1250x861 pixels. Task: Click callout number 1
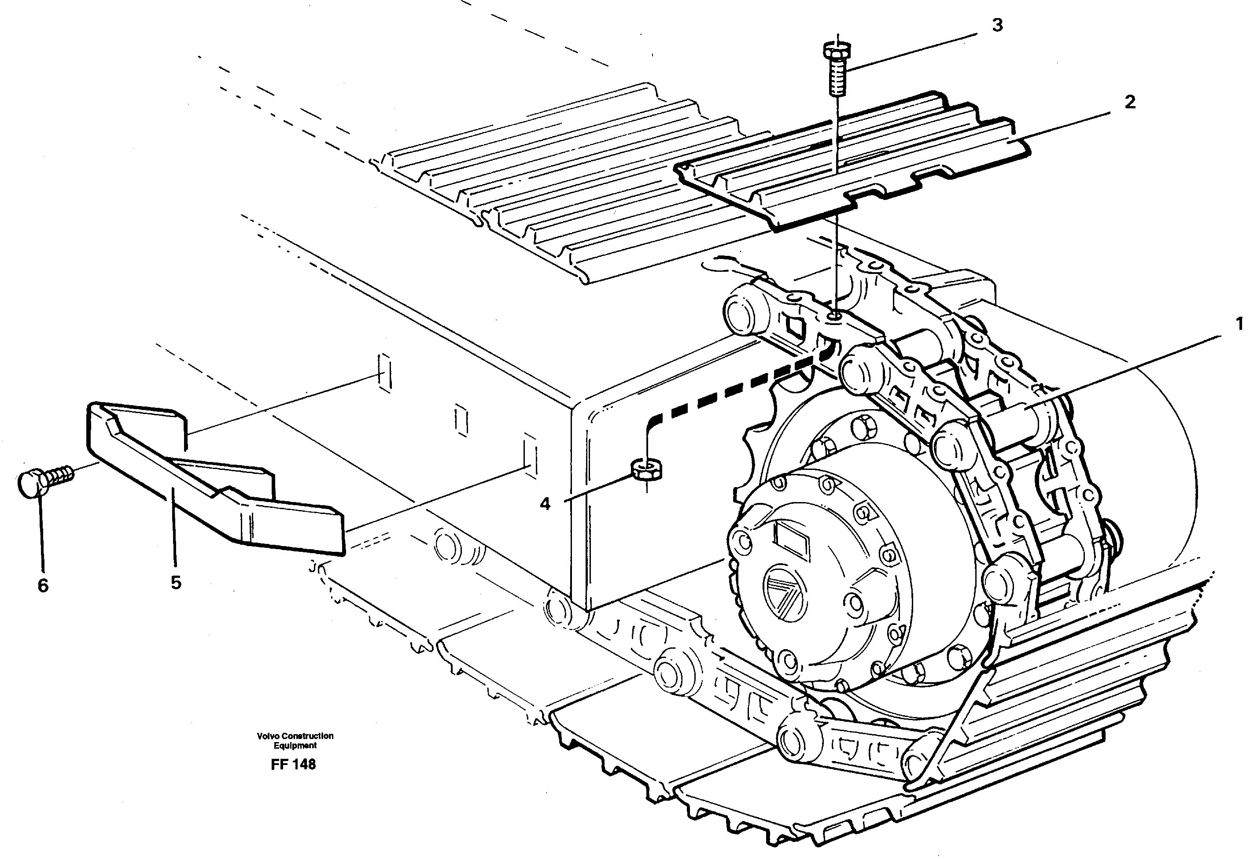pos(1239,324)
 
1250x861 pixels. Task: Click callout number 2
pos(1129,102)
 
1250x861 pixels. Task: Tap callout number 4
pos(545,504)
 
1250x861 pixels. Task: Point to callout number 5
pos(176,583)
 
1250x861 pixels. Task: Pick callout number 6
pos(43,585)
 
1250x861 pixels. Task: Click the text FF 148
pos(293,765)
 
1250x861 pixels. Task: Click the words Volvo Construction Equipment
pos(295,741)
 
